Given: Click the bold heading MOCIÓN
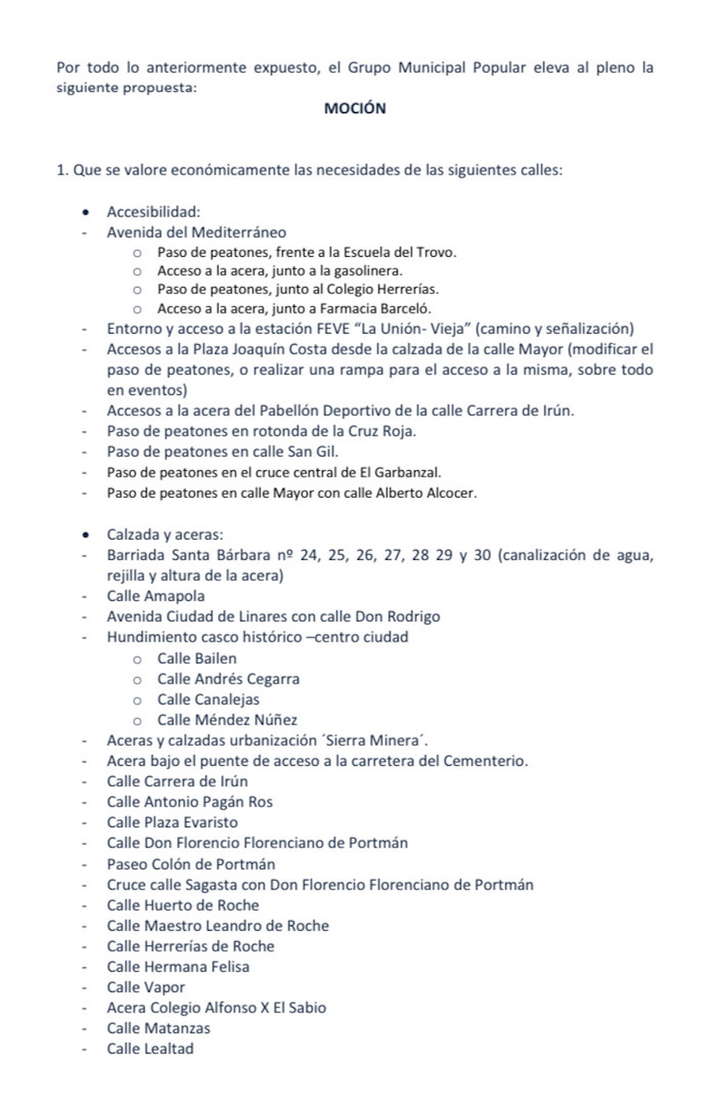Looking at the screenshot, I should (355, 108).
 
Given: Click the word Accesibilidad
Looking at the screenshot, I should (153, 212).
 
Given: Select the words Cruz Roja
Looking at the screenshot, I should (384, 431).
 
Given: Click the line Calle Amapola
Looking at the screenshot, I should (155, 596).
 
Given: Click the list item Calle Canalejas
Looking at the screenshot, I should (208, 700).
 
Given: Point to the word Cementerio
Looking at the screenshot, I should (488, 761).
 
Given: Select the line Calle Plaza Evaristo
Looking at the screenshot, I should (172, 822).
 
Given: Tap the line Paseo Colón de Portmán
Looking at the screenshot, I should (191, 864).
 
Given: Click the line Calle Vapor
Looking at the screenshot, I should (145, 987).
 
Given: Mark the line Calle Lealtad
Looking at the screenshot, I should (150, 1049).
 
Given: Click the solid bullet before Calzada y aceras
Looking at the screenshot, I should (86, 535).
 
